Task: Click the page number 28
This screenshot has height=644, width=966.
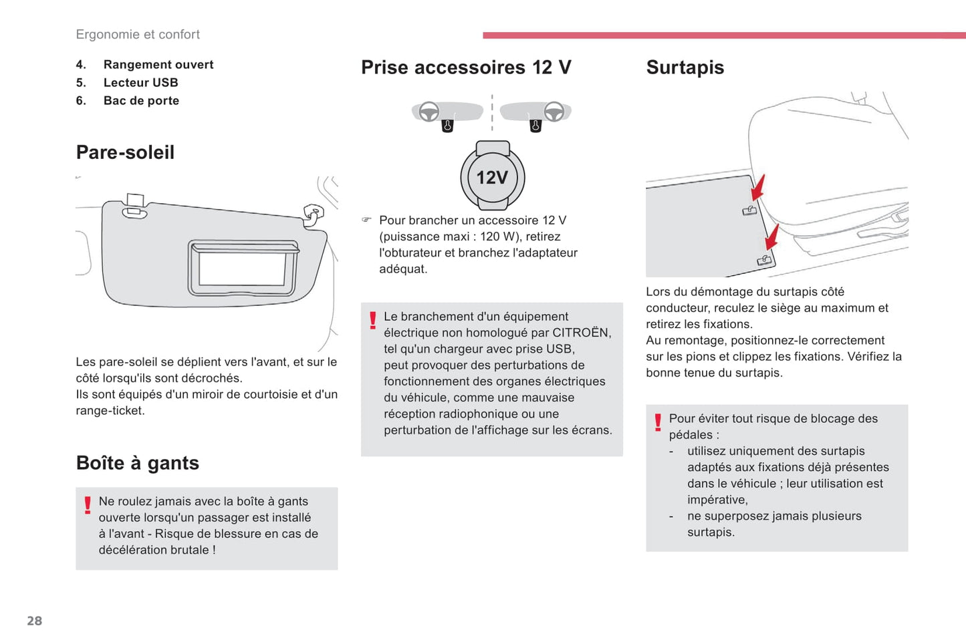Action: (34, 621)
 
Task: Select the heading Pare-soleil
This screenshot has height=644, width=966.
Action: (125, 152)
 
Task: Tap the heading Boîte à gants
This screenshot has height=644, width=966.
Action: (137, 463)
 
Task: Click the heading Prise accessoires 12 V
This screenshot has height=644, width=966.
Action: (466, 67)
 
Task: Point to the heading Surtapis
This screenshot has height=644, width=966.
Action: (685, 67)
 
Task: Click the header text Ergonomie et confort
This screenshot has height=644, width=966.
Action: (138, 35)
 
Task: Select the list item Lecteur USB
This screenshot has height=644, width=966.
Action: (140, 83)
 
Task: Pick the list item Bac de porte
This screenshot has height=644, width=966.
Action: (141, 101)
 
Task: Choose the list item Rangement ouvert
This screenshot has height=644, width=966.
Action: (158, 65)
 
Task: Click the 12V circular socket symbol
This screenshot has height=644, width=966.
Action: (493, 177)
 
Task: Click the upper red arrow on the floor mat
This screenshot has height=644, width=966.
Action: (757, 188)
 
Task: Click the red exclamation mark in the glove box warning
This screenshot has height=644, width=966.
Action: (88, 505)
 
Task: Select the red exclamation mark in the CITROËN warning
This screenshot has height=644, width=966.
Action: (373, 321)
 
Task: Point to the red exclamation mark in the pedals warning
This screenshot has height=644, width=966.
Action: (658, 422)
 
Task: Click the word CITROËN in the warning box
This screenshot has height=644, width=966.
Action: (581, 333)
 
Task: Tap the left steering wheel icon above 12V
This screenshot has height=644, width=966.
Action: (429, 112)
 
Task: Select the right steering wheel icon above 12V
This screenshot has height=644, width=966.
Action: (554, 112)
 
